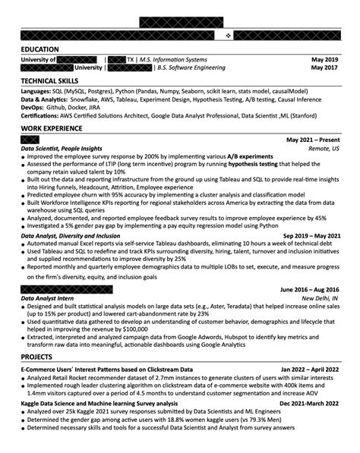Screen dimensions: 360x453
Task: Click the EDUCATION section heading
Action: coord(43,48)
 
